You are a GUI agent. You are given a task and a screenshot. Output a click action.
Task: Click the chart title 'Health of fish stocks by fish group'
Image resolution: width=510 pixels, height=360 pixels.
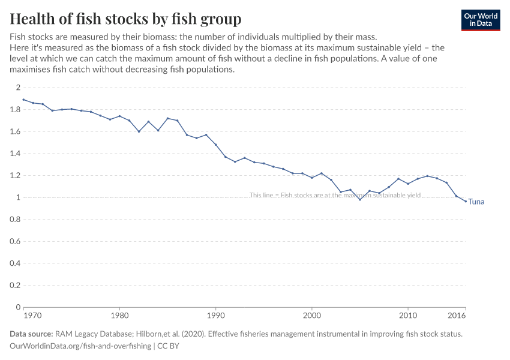(x=125, y=19)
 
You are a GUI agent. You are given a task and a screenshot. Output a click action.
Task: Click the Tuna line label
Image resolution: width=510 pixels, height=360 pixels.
(x=476, y=202)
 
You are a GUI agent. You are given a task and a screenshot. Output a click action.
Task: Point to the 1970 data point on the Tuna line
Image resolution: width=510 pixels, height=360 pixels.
(x=23, y=100)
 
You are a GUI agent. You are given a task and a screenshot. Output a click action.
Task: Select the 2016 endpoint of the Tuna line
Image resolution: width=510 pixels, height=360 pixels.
(x=466, y=201)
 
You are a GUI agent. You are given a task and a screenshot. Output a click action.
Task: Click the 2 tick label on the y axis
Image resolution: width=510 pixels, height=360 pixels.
(x=17, y=88)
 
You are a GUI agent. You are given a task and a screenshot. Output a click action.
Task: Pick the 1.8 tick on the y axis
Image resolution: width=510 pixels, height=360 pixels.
(x=14, y=110)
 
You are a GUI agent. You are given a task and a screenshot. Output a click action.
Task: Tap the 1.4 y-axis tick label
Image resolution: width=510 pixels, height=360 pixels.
(x=14, y=154)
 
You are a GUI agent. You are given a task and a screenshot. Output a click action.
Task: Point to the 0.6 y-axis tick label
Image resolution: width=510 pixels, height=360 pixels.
(x=14, y=241)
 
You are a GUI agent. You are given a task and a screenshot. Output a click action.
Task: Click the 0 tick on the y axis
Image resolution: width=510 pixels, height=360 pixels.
(x=17, y=307)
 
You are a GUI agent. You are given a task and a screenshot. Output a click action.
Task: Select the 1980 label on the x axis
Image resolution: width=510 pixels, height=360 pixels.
(x=119, y=315)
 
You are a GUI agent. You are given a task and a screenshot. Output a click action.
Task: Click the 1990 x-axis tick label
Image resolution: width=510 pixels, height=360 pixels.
(x=216, y=315)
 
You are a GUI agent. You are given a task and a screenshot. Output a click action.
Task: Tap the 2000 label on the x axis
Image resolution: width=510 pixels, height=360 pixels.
(x=312, y=315)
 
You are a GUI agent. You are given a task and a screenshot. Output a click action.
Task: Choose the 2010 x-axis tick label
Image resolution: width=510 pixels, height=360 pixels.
(x=408, y=315)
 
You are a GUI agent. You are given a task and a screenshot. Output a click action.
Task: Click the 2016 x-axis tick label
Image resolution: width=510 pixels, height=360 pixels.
(x=458, y=315)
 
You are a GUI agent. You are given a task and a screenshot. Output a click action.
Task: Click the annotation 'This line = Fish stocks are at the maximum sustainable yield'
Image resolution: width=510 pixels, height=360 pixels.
(x=335, y=195)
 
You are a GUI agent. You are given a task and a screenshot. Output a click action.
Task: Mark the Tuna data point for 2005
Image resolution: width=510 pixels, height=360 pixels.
(x=360, y=199)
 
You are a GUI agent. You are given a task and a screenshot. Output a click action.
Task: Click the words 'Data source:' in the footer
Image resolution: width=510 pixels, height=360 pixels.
(x=31, y=334)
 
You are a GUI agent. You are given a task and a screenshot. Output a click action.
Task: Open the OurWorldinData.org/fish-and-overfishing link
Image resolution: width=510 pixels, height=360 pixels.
(x=80, y=346)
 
